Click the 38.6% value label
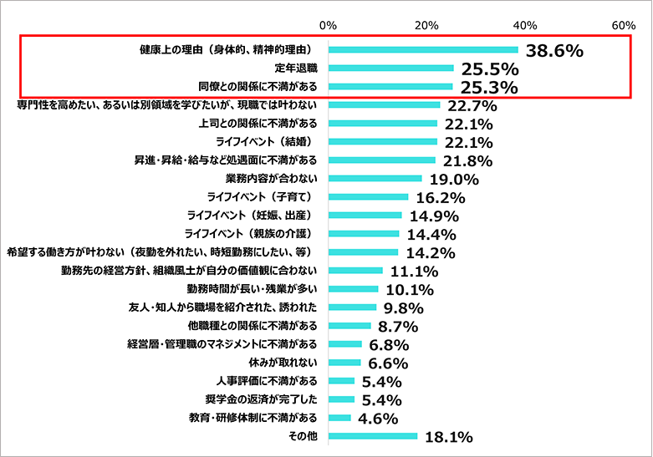coord(554,51)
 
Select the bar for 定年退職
coord(391,69)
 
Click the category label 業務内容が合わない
coord(272,179)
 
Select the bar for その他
coord(373,436)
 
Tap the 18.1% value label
coord(451,437)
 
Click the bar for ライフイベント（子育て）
coord(369,197)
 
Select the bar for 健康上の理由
coord(423,50)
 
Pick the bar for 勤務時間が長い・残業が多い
coord(354,289)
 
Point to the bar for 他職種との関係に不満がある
coord(350,326)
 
